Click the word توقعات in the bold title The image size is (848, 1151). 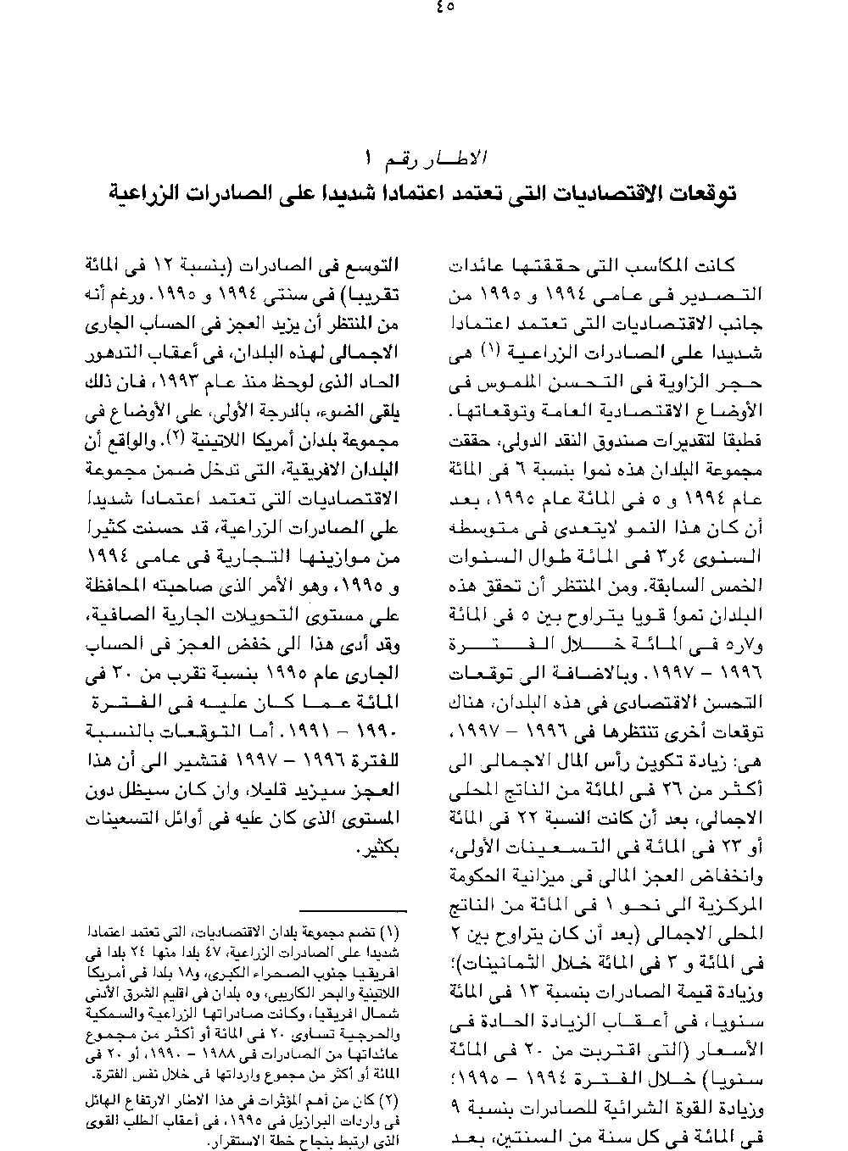(694, 193)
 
